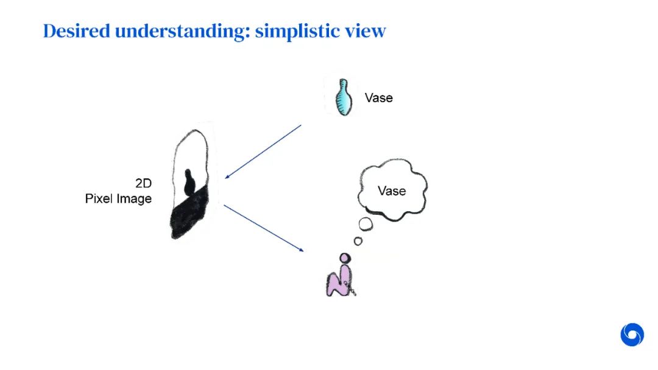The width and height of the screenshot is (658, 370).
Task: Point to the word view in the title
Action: tap(369, 31)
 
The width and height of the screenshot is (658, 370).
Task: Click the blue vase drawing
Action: tap(344, 97)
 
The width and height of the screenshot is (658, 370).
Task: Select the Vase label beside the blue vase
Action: tap(378, 97)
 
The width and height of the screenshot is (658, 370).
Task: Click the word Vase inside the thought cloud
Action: tap(391, 190)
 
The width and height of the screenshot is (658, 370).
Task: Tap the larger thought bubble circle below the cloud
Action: tap(366, 224)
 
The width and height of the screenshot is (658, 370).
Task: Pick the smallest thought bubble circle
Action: tap(358, 241)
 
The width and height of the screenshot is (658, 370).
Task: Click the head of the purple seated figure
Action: tap(345, 258)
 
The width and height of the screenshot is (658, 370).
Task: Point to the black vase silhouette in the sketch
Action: tap(189, 183)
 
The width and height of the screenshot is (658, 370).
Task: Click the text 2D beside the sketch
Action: tap(143, 183)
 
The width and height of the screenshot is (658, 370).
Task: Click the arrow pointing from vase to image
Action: tap(263, 152)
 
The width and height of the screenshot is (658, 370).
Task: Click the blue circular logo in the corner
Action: tap(632, 335)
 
